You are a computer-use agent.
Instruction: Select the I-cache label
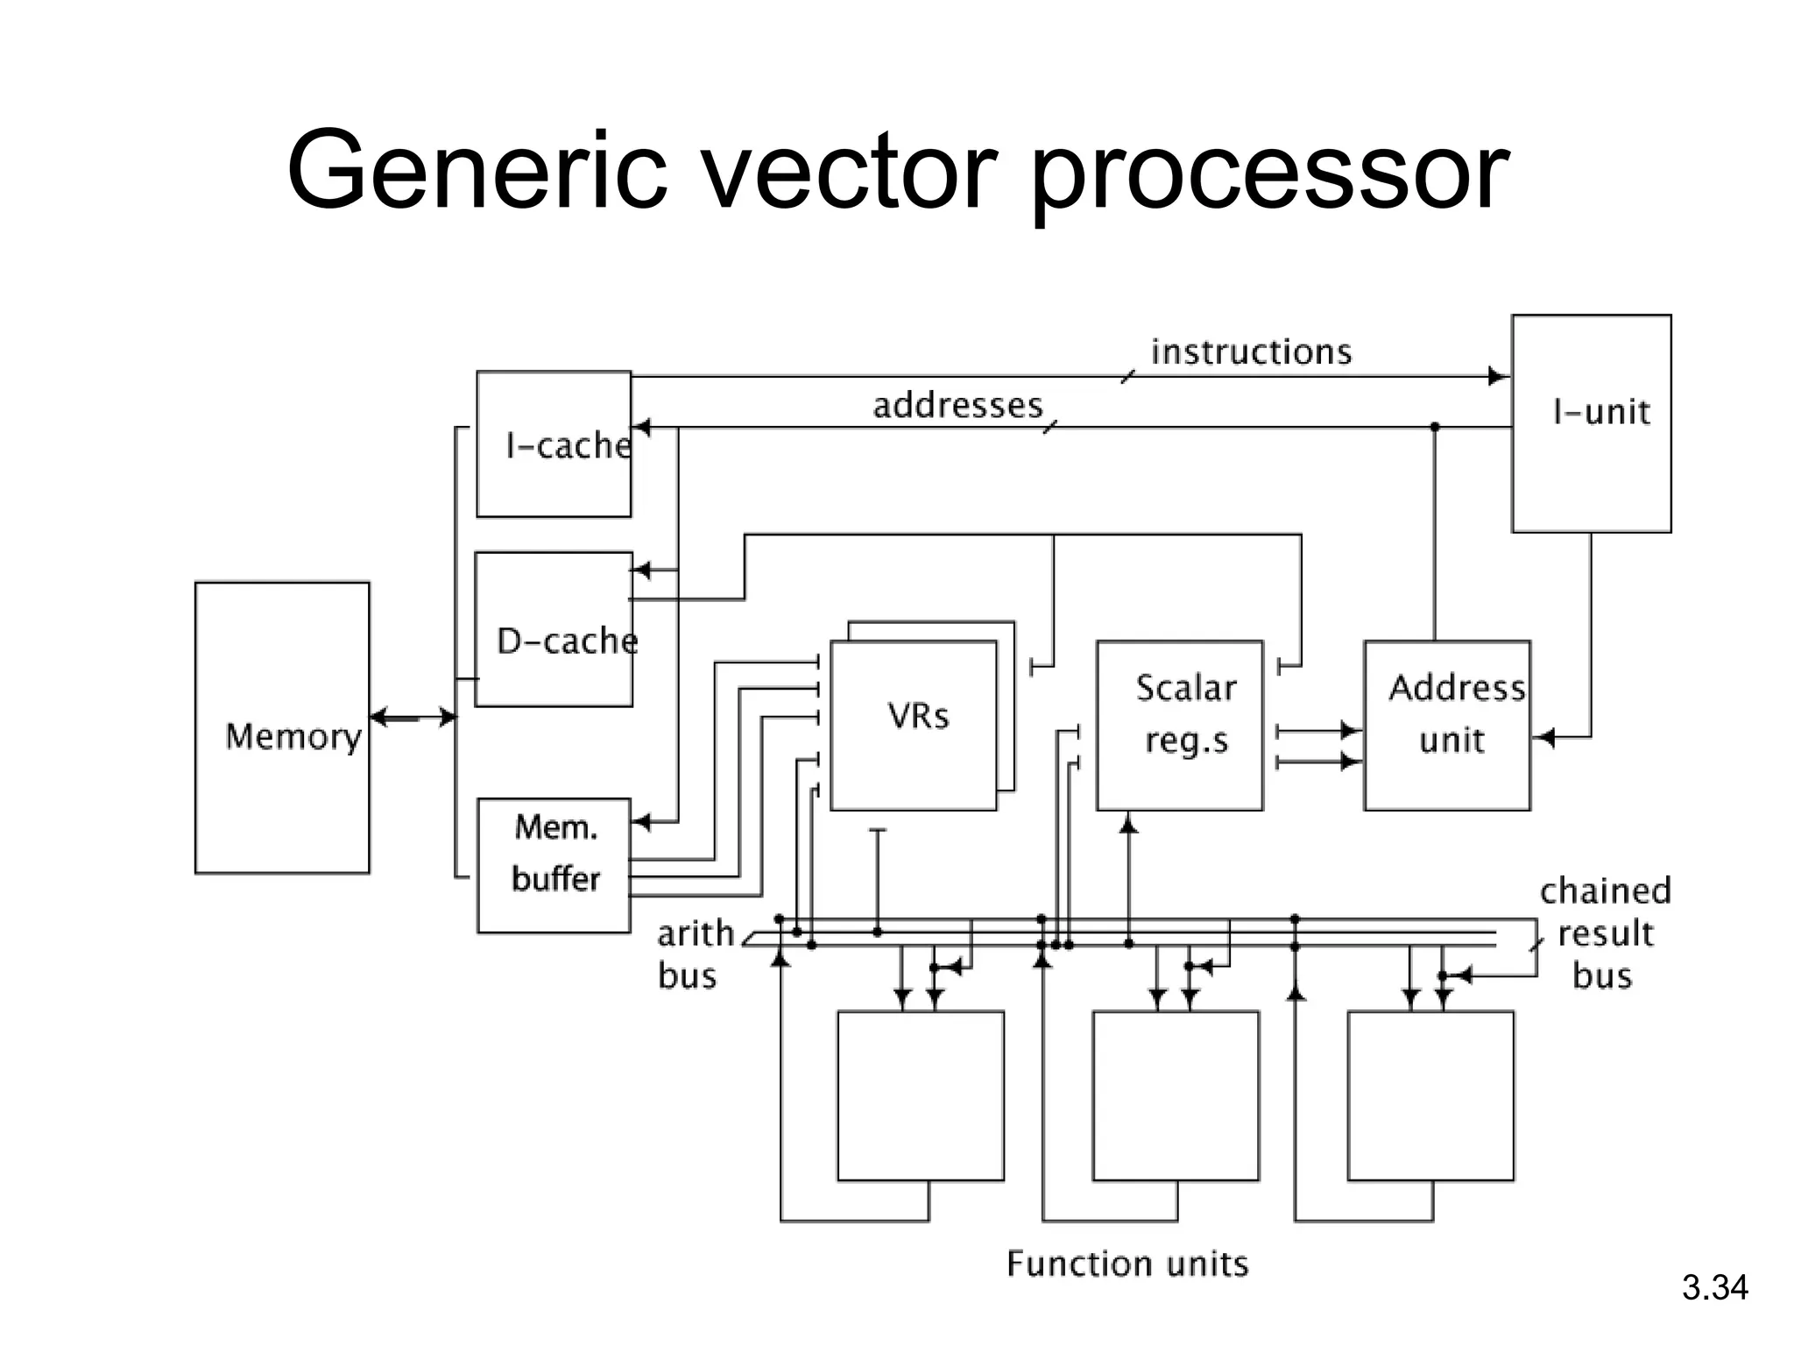568,445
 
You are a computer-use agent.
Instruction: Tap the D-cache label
567,641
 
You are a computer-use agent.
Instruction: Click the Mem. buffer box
554,865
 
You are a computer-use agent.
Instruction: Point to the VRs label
918,716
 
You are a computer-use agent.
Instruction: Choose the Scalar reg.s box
1179,725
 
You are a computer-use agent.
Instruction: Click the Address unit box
1447,725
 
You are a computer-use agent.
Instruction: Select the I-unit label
1601,412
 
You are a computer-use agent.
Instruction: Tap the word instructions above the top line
1251,351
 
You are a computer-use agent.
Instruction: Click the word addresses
957,406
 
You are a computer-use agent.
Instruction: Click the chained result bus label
1605,932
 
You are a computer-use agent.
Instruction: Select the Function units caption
1127,1264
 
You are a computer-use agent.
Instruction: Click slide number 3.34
1714,1288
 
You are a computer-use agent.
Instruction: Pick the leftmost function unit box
921,1095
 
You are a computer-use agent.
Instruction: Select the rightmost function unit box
1430,1095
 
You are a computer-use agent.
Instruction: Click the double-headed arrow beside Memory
413,717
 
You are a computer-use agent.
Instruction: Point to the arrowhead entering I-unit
1499,377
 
